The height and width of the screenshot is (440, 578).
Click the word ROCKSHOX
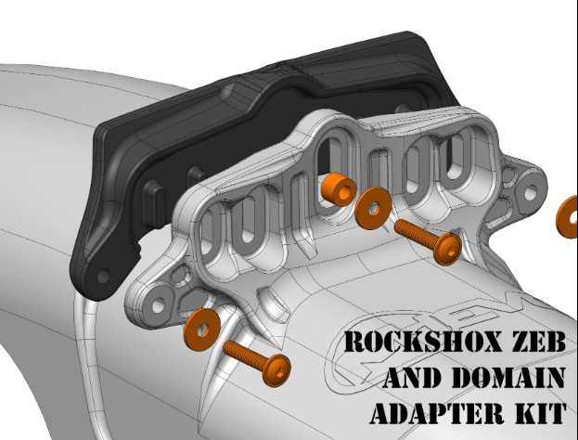coord(423,342)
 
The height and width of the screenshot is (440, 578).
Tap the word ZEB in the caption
coord(538,342)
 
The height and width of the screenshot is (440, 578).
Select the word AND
coord(412,377)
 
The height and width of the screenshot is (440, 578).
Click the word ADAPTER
coord(437,413)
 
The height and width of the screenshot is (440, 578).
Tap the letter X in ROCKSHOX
coord(490,342)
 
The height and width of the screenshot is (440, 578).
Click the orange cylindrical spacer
coord(338,189)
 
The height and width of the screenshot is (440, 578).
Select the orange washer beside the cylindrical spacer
coord(373,208)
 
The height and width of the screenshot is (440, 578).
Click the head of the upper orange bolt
coord(447,249)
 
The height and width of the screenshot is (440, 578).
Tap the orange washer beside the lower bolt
coord(201,330)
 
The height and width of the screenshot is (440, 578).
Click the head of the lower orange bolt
coord(276,370)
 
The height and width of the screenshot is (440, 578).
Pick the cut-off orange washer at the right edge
coord(568,217)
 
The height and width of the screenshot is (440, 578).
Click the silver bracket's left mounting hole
coord(158,305)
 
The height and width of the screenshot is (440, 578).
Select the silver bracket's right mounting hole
coord(530,193)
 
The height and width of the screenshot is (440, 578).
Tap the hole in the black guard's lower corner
coord(103,277)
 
